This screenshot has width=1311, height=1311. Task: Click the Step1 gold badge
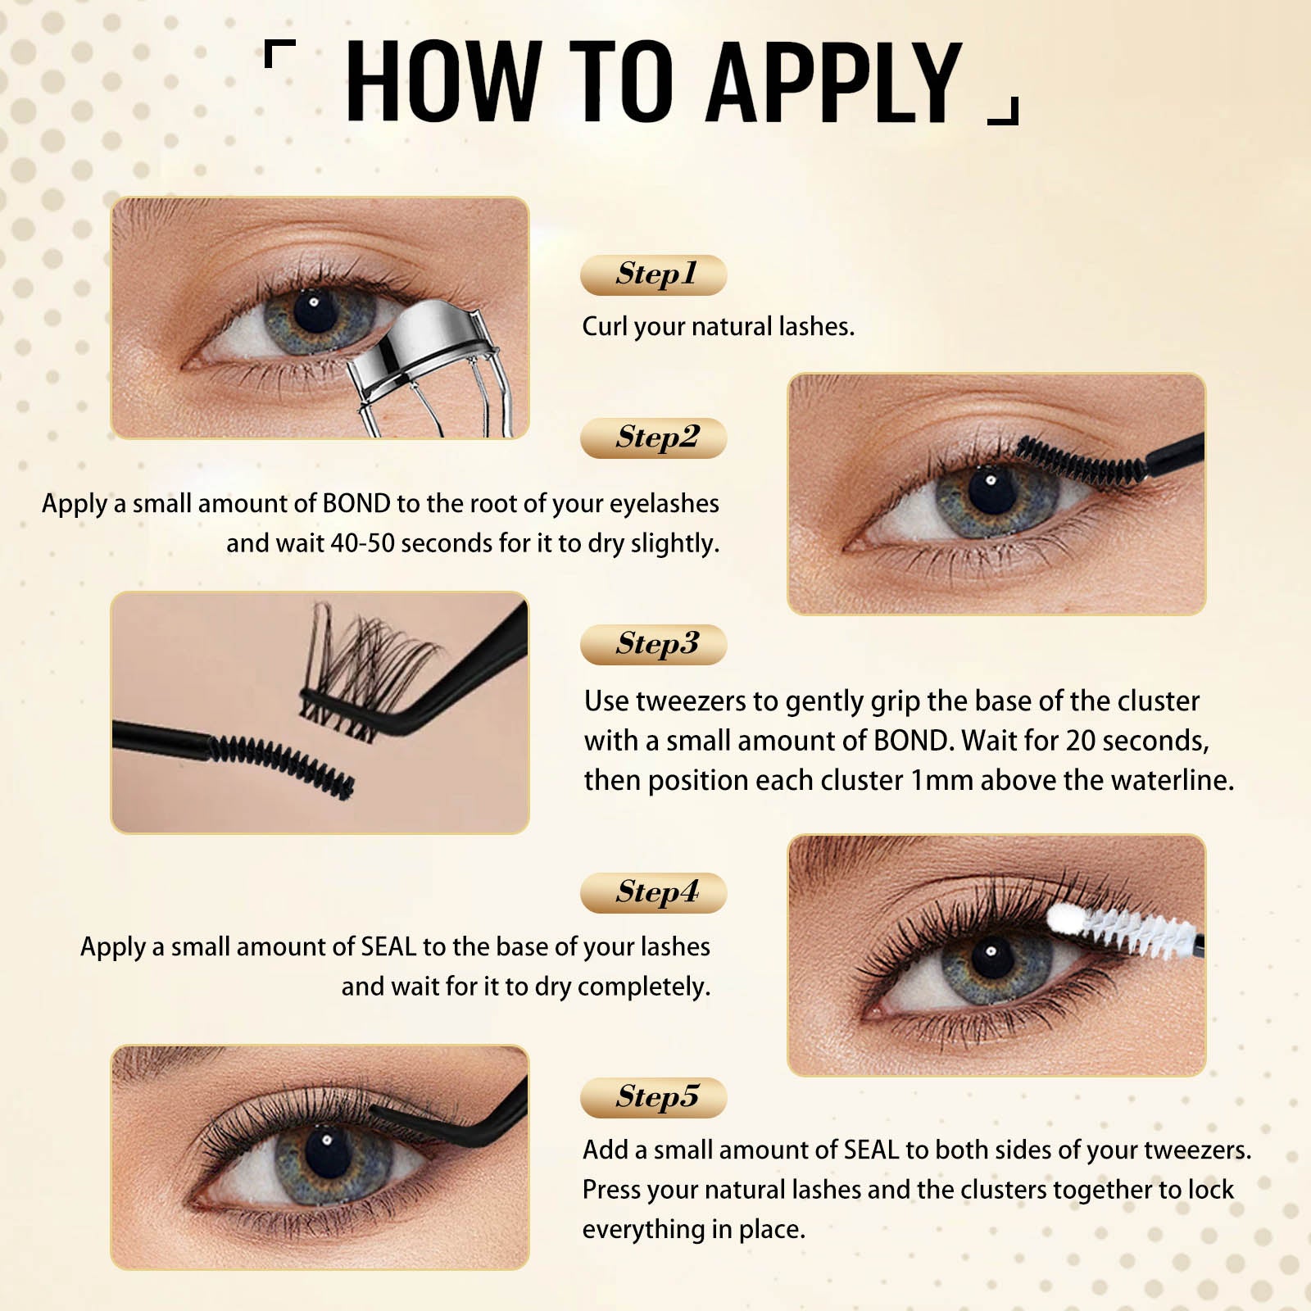pyautogui.click(x=653, y=274)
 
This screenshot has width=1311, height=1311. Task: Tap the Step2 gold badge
pyautogui.click(x=653, y=438)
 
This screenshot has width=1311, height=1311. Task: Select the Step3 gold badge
pyautogui.click(x=653, y=644)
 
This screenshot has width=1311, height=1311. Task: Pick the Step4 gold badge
pyautogui.click(x=653, y=892)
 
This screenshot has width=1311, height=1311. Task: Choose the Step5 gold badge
pyautogui.click(x=653, y=1097)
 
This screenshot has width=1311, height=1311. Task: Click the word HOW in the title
pyautogui.click(x=443, y=82)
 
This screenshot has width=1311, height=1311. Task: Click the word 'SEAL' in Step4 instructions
pyautogui.click(x=388, y=946)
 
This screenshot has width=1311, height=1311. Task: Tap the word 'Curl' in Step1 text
pyautogui.click(x=604, y=326)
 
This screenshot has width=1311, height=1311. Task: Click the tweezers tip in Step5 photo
pyautogui.click(x=377, y=1111)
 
